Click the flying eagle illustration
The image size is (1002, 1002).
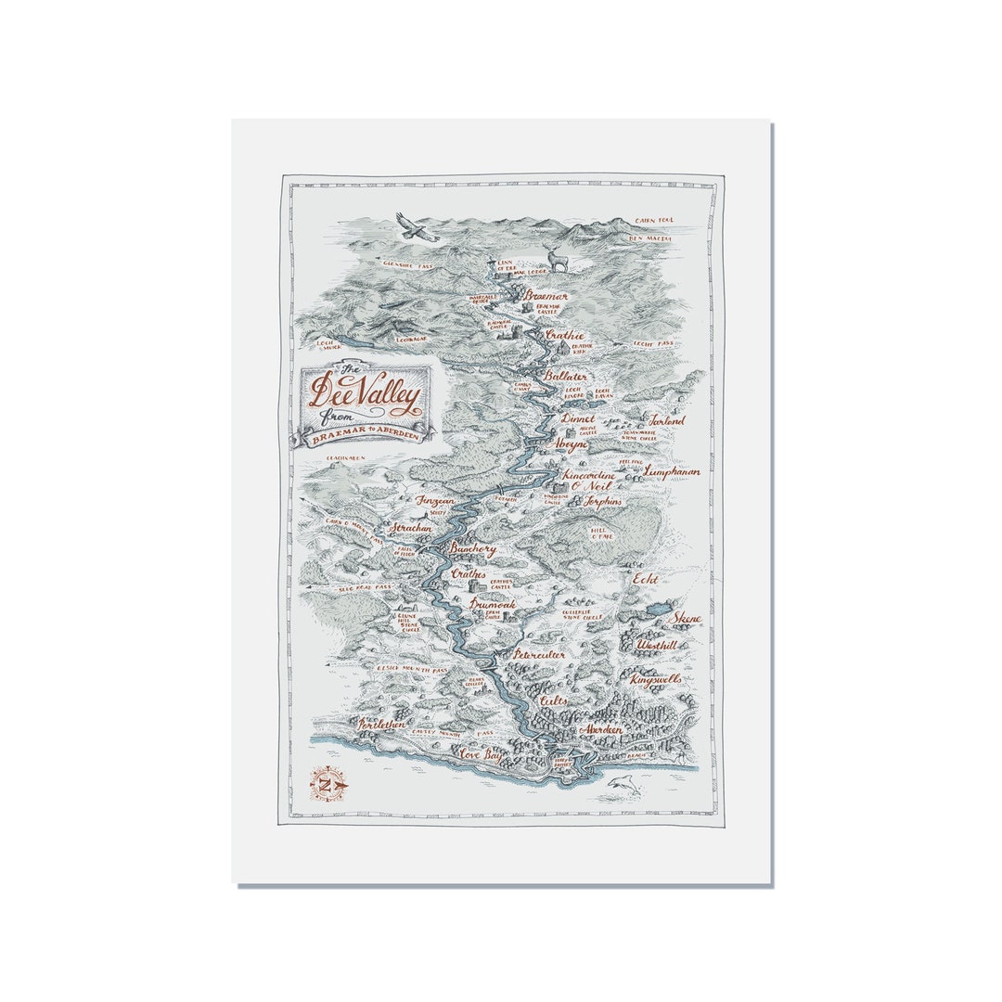tap(417, 227)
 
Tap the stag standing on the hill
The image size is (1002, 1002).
tap(559, 260)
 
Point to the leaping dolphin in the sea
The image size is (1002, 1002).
tap(625, 788)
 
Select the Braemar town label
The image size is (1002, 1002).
tap(546, 296)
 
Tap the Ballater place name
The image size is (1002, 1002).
tap(566, 377)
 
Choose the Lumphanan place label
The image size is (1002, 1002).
tap(672, 470)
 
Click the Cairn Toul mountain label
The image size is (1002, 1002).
tap(654, 221)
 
